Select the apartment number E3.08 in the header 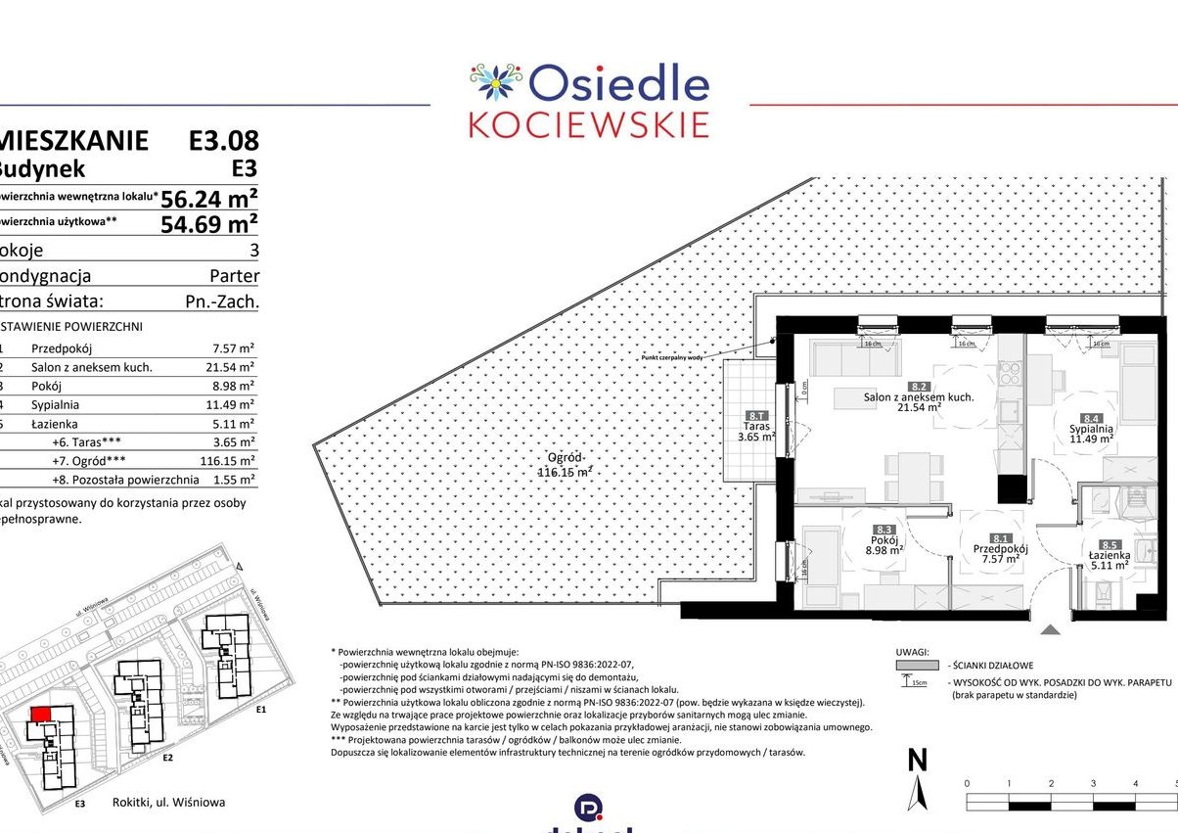click(x=223, y=141)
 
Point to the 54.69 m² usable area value click(x=209, y=224)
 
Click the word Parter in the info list click(x=235, y=276)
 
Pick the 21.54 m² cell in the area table click(x=233, y=367)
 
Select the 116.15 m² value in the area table click(x=228, y=460)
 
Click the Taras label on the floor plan click(x=756, y=427)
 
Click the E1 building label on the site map click(x=260, y=710)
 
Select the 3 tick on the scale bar click(x=1093, y=784)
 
